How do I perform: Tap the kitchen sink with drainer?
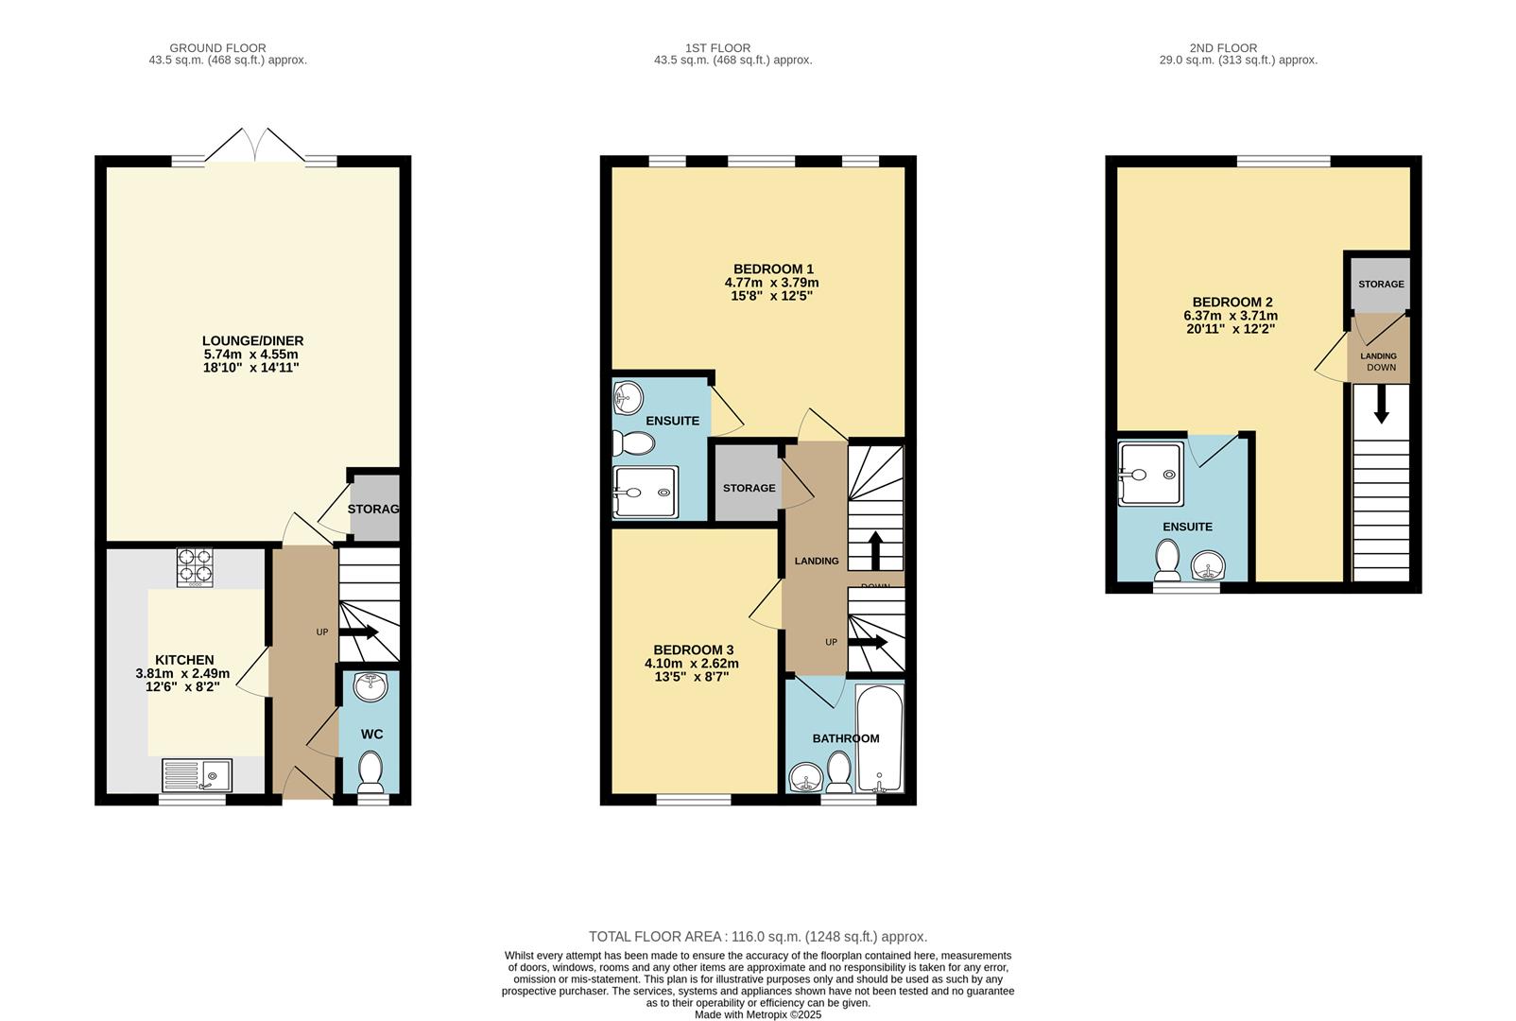tap(197, 775)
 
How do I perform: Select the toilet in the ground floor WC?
tap(370, 770)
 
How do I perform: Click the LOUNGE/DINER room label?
tap(252, 341)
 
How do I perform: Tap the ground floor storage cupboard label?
tap(373, 509)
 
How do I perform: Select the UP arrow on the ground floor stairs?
tap(358, 632)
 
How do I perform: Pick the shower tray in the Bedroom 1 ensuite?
tap(646, 492)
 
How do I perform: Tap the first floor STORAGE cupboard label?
tap(749, 488)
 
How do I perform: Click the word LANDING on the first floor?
tap(817, 561)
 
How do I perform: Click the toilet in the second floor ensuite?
tap(1167, 560)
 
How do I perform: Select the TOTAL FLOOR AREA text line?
tap(758, 937)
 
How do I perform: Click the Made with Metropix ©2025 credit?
tap(758, 1014)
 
